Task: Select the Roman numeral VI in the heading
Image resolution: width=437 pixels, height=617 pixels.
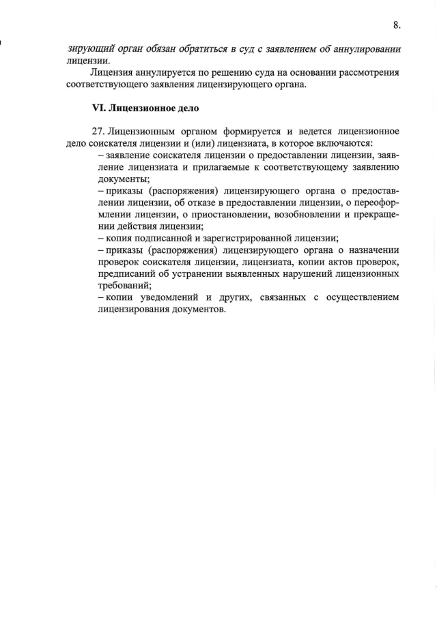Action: [100, 108]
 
